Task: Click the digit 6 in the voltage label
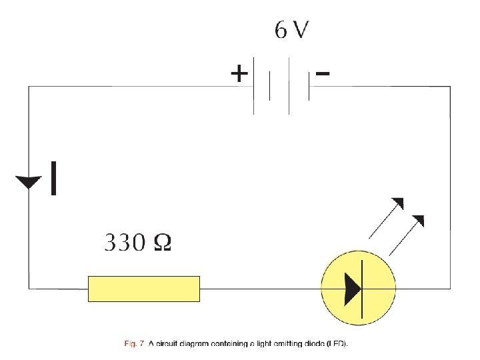tap(281, 31)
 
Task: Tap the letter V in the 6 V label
tap(301, 31)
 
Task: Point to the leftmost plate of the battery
tap(254, 86)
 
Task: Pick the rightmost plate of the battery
tap(308, 87)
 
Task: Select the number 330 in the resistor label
tap(123, 243)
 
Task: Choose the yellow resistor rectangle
tap(144, 289)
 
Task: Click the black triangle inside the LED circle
tap(352, 289)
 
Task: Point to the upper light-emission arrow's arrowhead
tap(399, 203)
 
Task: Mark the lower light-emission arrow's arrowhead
tap(419, 220)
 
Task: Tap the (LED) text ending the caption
tap(336, 345)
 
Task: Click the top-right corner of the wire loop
tap(449, 87)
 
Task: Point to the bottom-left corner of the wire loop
tap(29, 289)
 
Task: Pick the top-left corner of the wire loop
tap(29, 87)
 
